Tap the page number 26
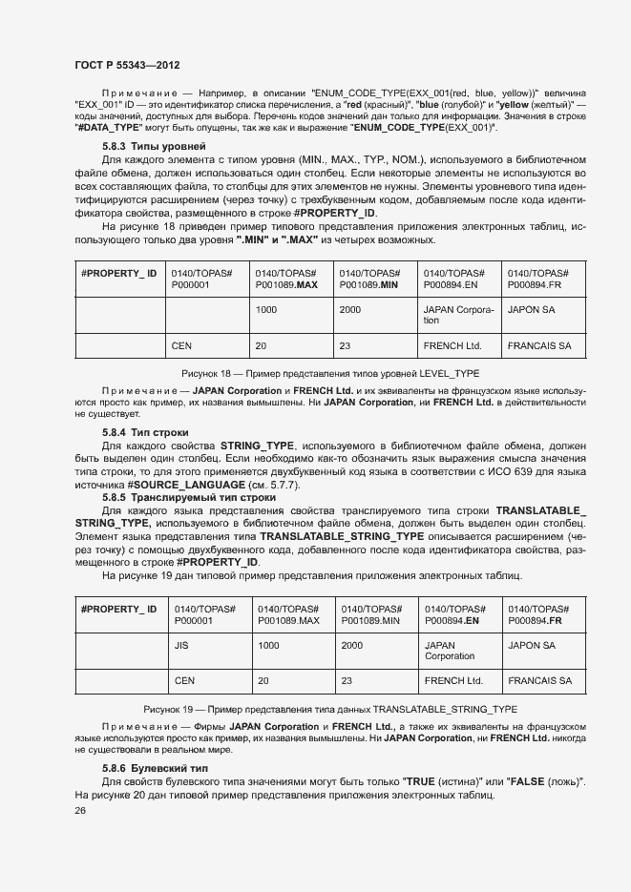tap(80, 811)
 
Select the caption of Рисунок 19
tap(330, 710)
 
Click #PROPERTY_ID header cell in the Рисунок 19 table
tap(118, 609)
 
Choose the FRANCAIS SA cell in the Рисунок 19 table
tap(539, 681)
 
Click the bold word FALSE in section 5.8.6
tap(529, 782)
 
